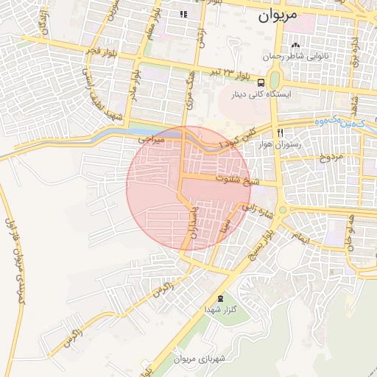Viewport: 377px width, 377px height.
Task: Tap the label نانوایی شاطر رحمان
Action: (x=299, y=56)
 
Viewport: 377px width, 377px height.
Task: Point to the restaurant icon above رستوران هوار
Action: (x=280, y=133)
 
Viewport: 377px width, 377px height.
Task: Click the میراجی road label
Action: (x=153, y=138)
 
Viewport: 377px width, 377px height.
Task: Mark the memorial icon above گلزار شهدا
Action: (x=220, y=298)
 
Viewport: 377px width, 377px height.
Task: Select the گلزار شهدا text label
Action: (x=220, y=311)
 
